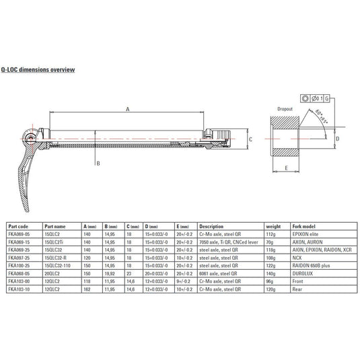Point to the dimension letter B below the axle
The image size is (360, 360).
(98, 163)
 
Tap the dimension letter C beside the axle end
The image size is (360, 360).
(250, 140)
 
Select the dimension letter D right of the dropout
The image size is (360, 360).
(337, 139)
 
